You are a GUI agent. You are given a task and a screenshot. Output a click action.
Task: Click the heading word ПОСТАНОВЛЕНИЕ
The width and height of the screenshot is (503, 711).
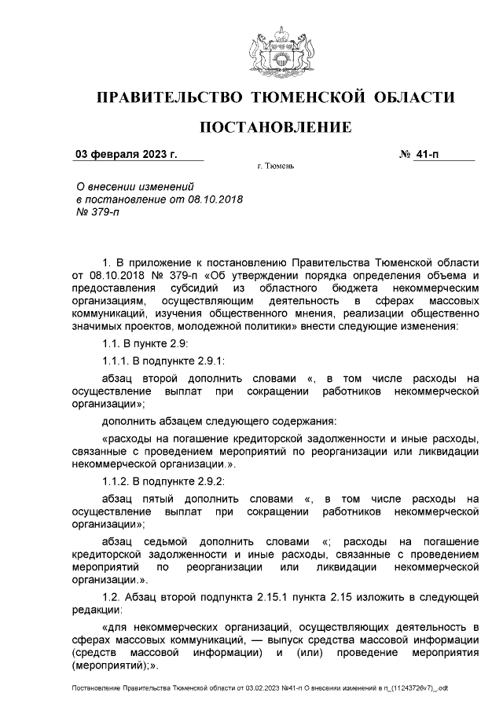pos(275,127)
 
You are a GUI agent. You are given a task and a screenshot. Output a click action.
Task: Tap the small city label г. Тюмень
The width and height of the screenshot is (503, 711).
pos(277,167)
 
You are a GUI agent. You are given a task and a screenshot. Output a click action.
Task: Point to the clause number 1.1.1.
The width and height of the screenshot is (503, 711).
pos(116,361)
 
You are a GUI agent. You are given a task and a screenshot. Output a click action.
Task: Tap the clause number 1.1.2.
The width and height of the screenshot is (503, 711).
pos(116,480)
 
